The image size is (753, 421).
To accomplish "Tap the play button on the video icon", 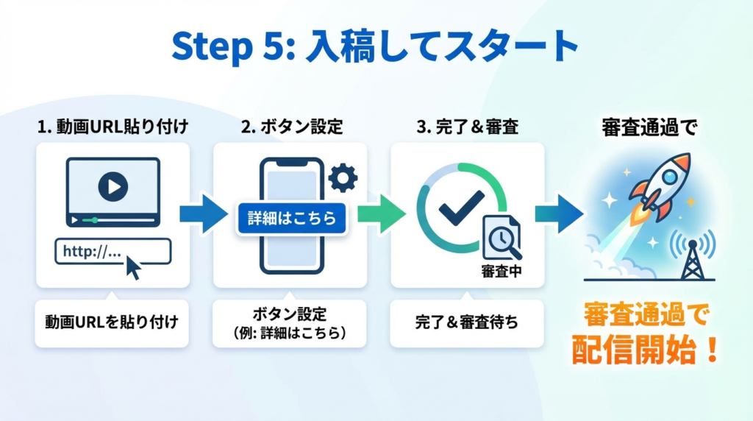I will [x=113, y=187].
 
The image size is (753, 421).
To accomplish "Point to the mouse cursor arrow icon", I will [x=133, y=267].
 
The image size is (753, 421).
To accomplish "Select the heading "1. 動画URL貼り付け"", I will [x=113, y=127].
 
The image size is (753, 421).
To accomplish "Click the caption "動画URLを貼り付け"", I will [x=112, y=322].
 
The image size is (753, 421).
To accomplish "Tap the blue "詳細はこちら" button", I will [x=292, y=219].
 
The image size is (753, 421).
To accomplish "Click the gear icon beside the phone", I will [x=342, y=177].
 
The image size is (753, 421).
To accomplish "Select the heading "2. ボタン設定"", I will [x=291, y=127].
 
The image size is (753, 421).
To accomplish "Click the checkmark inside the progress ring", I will [x=460, y=208].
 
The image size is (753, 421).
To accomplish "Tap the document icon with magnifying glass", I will [x=502, y=237].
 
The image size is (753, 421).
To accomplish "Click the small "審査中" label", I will [x=502, y=271].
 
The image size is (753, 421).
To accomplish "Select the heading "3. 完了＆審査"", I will [x=467, y=127].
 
